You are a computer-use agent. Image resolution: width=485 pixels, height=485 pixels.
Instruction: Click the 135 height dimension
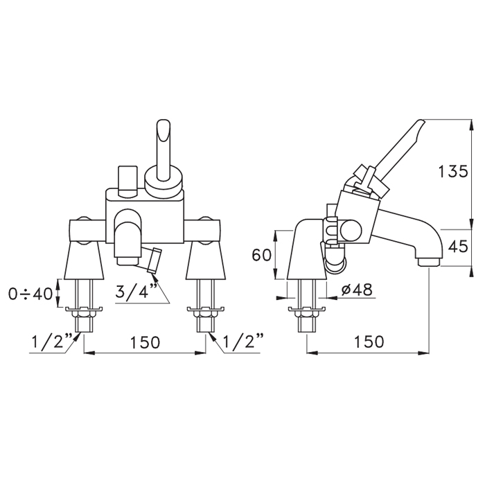pyautogui.click(x=453, y=171)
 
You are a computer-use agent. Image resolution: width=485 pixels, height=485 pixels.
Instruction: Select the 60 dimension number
pyautogui.click(x=262, y=255)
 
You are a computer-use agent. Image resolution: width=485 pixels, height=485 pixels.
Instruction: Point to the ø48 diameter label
pyautogui.click(x=357, y=290)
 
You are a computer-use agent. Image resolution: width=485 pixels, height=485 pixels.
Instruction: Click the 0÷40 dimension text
pyautogui.click(x=30, y=294)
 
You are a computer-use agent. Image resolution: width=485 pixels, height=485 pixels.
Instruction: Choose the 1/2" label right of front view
pyautogui.click(x=243, y=341)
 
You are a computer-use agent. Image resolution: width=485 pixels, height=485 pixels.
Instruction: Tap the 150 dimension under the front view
pyautogui.click(x=145, y=342)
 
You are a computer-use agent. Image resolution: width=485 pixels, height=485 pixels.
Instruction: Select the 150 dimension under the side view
pyautogui.click(x=369, y=342)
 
